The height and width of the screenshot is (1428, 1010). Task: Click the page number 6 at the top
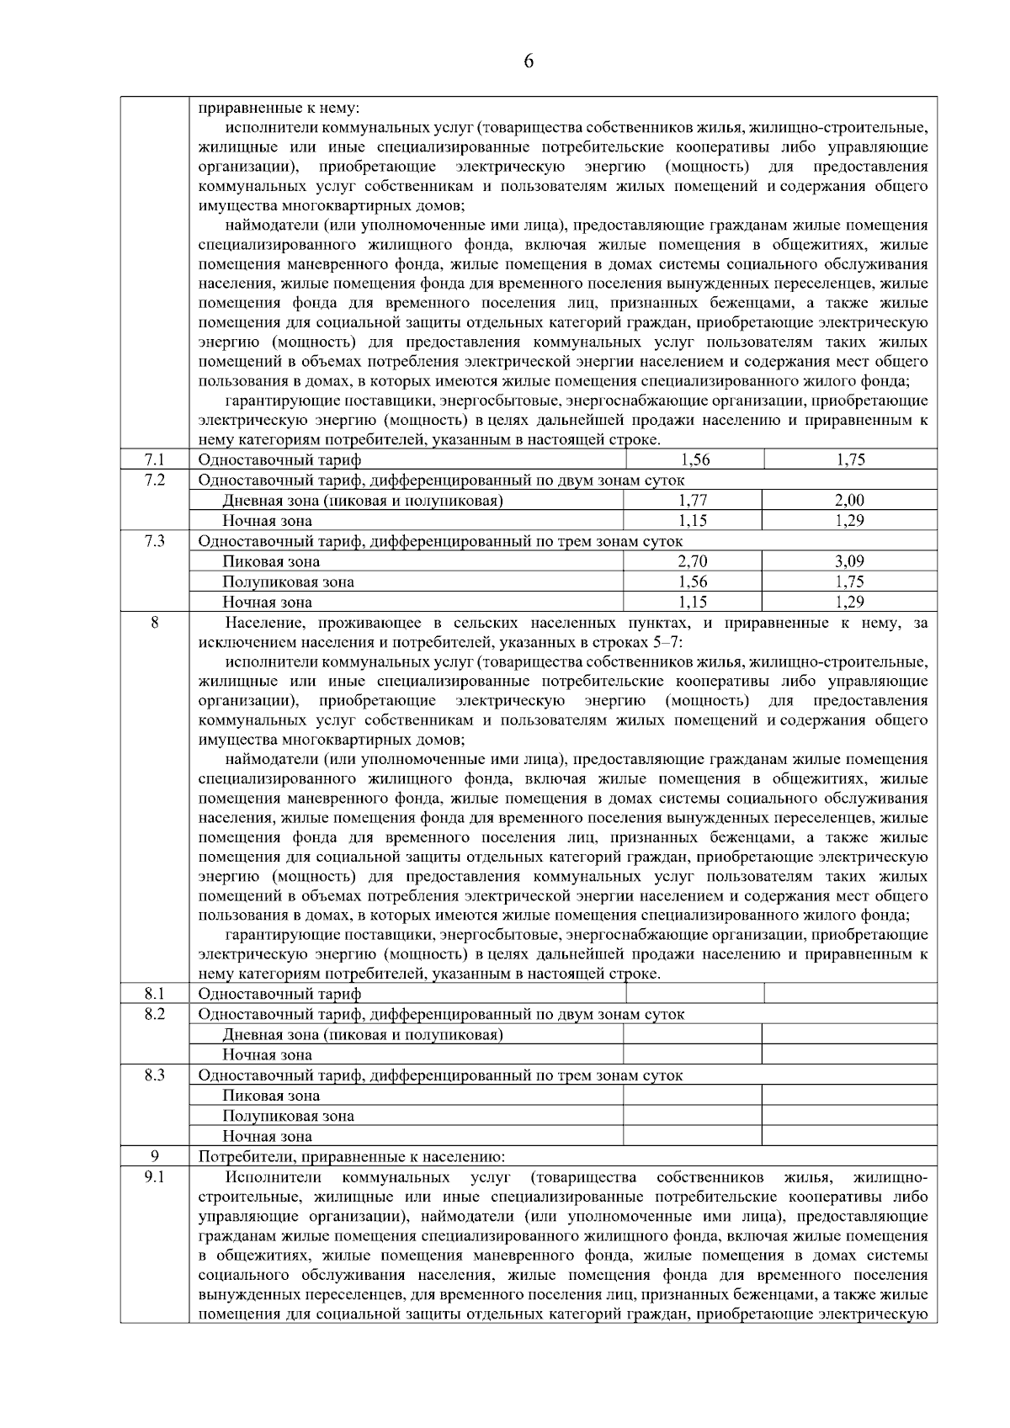click(x=529, y=61)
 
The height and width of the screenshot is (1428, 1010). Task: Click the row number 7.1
click(x=154, y=459)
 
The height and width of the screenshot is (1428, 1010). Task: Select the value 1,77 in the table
click(x=693, y=501)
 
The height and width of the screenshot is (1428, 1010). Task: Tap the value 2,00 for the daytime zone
click(x=849, y=501)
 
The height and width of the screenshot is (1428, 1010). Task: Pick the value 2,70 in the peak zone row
click(x=693, y=561)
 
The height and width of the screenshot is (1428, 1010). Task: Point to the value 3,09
click(x=849, y=561)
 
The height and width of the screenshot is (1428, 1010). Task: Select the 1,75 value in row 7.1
click(x=850, y=459)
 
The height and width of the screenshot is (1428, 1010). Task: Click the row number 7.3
click(x=154, y=541)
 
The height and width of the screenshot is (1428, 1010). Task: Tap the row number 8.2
click(x=154, y=1014)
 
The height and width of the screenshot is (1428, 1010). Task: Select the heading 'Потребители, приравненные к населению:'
click(x=351, y=1157)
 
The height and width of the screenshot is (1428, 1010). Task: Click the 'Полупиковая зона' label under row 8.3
click(x=288, y=1117)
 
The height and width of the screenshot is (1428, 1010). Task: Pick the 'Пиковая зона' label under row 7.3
click(x=271, y=561)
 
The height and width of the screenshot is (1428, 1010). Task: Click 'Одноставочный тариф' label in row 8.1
click(x=279, y=994)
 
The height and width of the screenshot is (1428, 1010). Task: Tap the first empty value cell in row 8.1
click(x=695, y=994)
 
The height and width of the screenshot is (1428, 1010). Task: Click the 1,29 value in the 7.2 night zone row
click(x=849, y=521)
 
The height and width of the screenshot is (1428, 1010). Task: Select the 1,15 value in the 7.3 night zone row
click(x=693, y=602)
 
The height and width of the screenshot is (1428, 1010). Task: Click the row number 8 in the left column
click(x=154, y=623)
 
